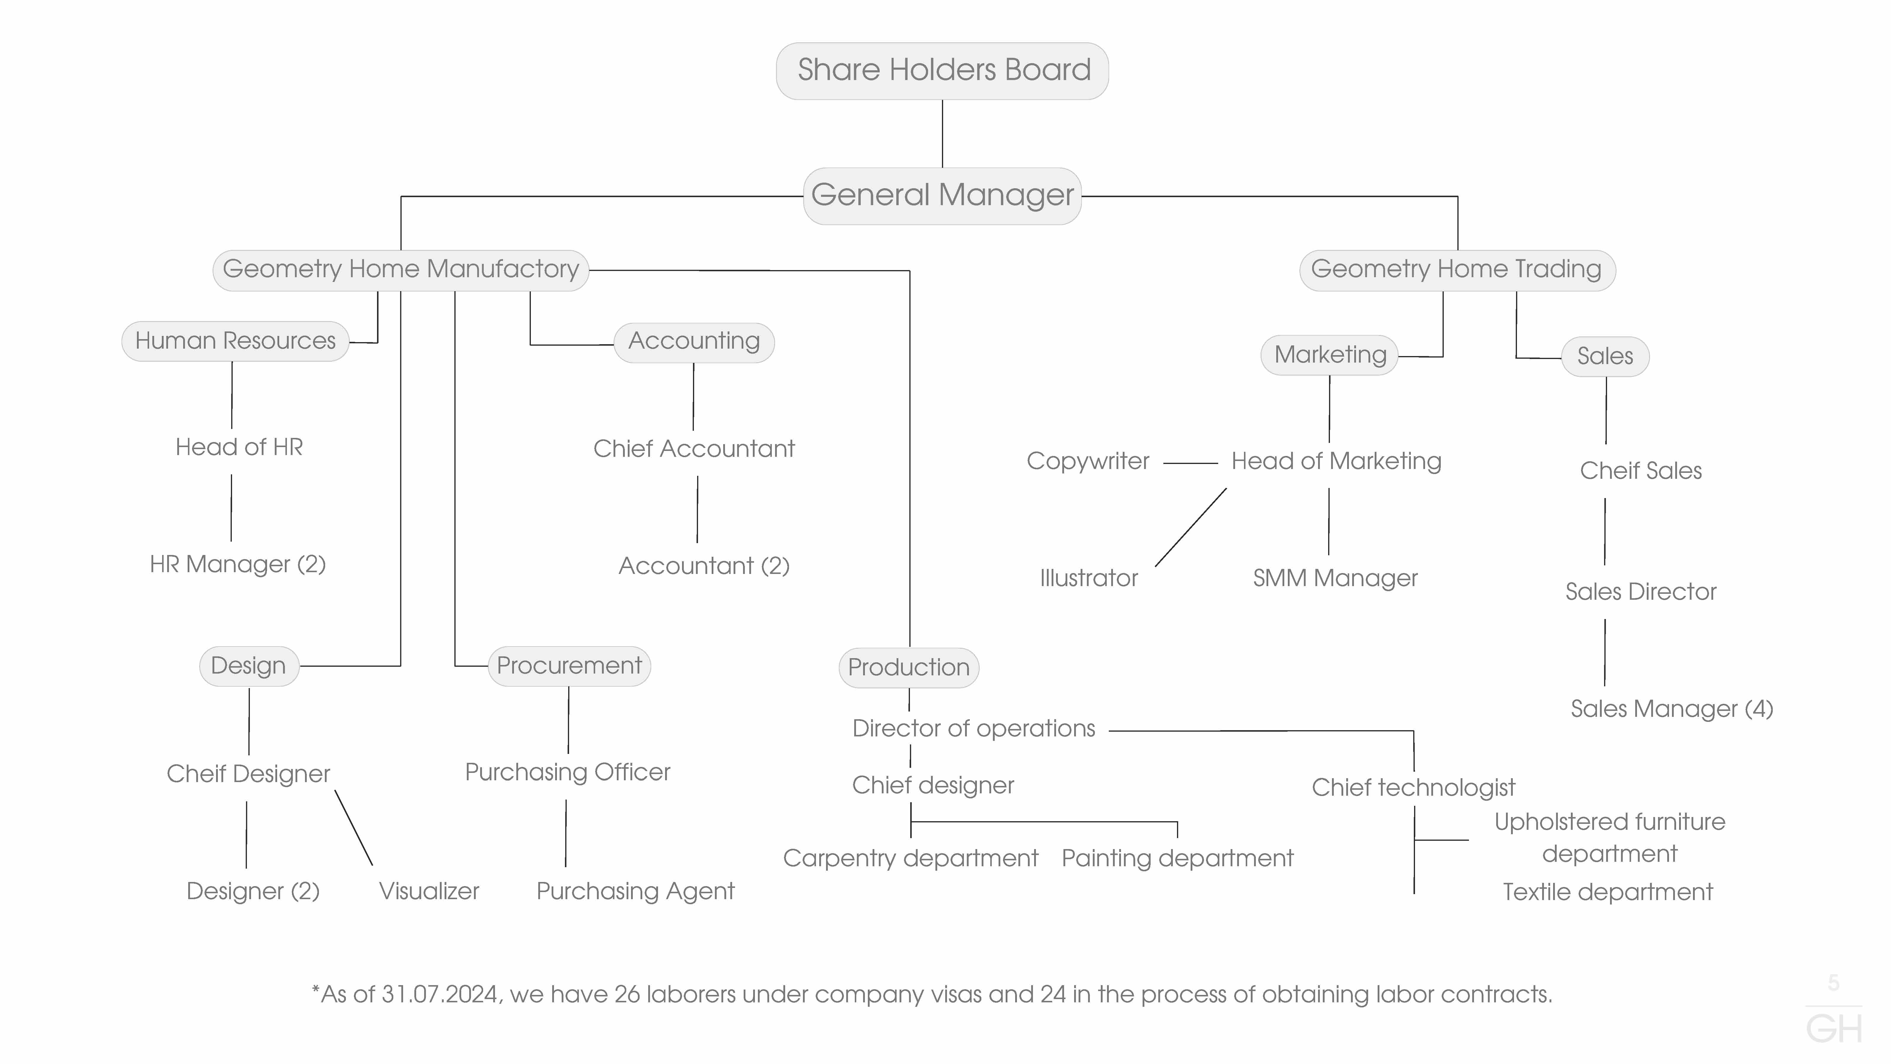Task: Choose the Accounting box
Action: click(694, 342)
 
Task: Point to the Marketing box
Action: click(1329, 355)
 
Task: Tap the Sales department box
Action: click(1606, 357)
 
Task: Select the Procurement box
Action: click(569, 666)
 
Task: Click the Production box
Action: click(909, 667)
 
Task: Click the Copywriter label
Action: click(1088, 461)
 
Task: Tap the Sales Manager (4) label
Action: click(1671, 709)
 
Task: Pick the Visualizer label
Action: click(429, 891)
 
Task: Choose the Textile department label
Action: click(1608, 892)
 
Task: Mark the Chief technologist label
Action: click(1413, 788)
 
